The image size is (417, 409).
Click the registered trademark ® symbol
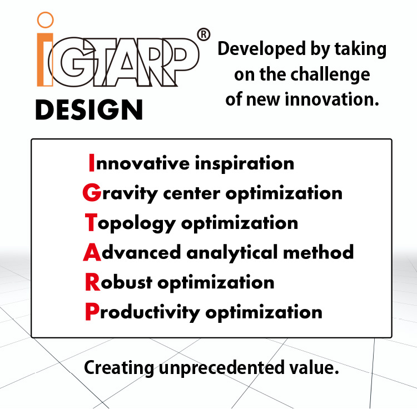[x=204, y=35]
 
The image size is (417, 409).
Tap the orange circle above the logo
[x=45, y=21]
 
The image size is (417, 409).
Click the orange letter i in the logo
[x=45, y=59]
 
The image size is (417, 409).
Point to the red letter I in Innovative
[x=92, y=163]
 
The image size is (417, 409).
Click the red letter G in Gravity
[x=91, y=193]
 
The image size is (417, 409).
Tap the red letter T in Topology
[x=91, y=223]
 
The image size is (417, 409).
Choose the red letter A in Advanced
[x=91, y=253]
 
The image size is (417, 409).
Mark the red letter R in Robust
[x=91, y=282]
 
